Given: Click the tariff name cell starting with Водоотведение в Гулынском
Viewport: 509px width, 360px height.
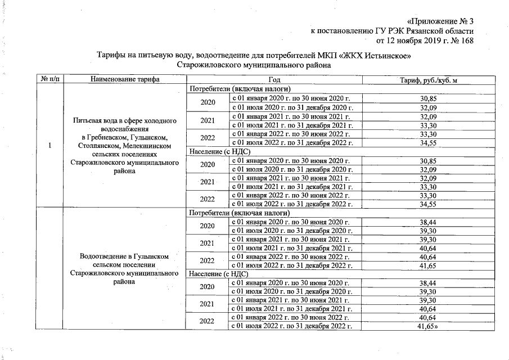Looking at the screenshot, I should point(125,269).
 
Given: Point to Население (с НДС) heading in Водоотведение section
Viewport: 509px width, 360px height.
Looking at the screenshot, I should point(219,274).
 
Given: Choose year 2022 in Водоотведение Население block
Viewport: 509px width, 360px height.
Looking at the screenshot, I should point(208,322).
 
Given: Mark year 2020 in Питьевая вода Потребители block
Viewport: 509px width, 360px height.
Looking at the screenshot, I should point(208,102).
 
